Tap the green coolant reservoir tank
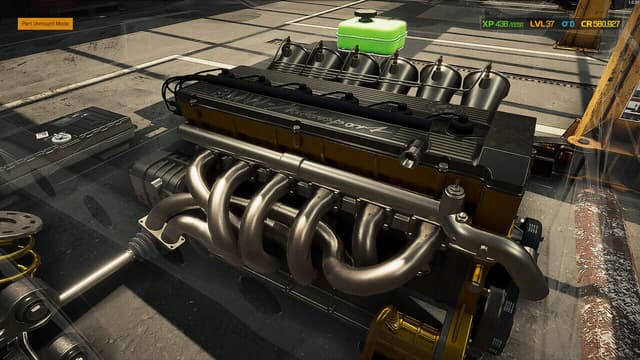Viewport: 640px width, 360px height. click(x=370, y=36)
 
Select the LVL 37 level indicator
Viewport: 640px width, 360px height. click(x=542, y=23)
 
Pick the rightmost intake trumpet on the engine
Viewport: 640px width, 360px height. click(x=486, y=85)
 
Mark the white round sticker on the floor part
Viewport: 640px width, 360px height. click(x=61, y=137)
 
